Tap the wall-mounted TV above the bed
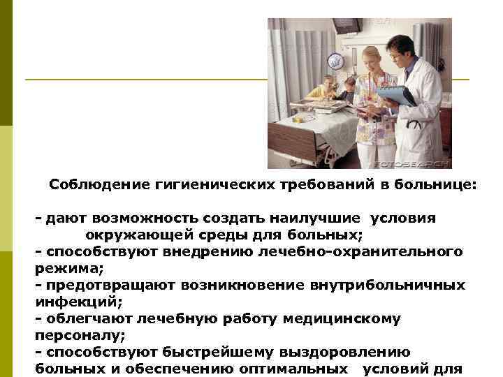(x=347, y=25)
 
